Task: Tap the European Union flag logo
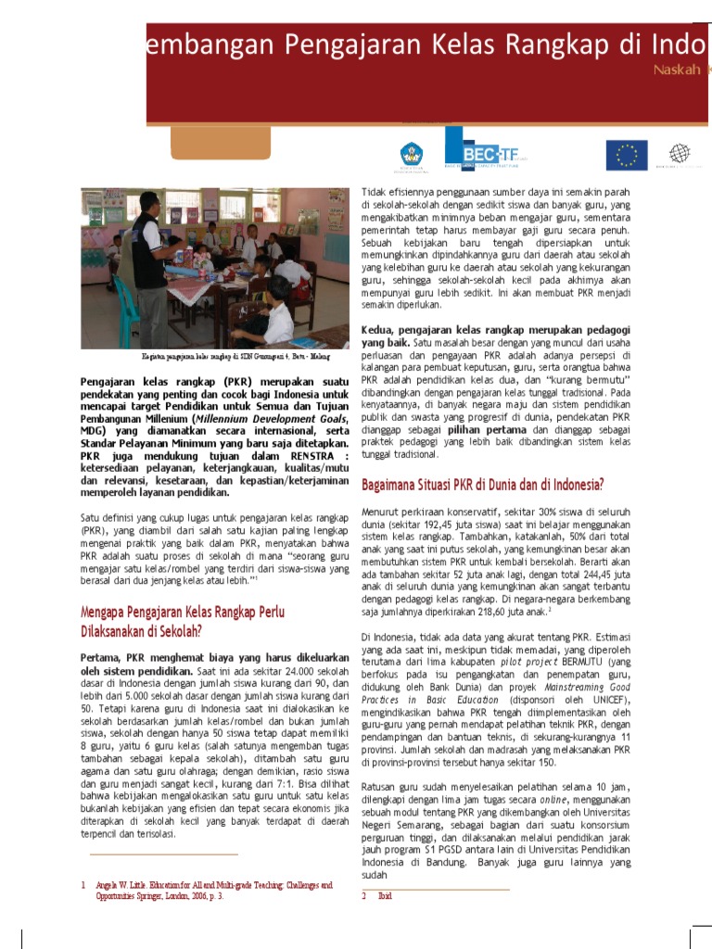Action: click(x=627, y=154)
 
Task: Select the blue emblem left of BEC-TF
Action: click(x=412, y=155)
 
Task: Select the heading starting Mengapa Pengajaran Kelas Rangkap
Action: click(x=183, y=613)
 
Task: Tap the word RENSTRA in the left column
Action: click(x=316, y=456)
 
